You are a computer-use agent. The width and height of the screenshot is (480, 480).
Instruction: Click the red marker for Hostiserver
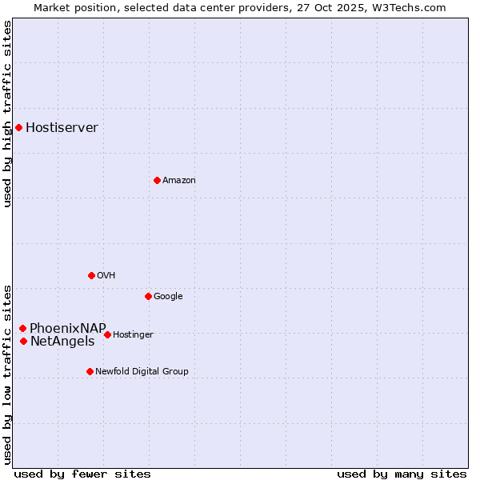18,127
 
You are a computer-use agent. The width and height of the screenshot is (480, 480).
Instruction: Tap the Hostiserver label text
62,128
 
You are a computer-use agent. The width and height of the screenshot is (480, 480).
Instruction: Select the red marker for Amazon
157,180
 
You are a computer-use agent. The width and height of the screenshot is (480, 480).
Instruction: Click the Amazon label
179,181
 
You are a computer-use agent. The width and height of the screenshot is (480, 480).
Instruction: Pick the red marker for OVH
91,275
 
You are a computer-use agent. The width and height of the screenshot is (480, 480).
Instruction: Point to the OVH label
106,276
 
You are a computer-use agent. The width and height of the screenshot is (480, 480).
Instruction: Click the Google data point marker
148,296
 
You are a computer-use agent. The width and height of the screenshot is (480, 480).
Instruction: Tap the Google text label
168,297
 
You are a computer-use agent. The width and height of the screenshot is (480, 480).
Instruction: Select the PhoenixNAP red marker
22,328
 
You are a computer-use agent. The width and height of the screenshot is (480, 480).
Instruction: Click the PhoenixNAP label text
68,328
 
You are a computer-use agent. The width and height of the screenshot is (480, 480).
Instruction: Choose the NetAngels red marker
23,342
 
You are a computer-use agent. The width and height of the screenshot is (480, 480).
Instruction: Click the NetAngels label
62,342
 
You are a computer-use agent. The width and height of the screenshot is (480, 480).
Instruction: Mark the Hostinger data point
107,334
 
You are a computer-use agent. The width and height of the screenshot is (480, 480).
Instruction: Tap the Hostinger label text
133,335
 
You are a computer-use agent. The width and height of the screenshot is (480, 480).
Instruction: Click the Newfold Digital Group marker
90,371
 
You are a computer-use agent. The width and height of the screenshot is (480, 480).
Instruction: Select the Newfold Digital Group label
142,372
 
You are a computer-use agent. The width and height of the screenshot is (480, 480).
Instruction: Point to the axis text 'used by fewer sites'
82,474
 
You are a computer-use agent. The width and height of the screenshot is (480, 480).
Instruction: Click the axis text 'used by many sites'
402,474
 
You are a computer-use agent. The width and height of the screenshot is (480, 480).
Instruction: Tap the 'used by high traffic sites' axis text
7,114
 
